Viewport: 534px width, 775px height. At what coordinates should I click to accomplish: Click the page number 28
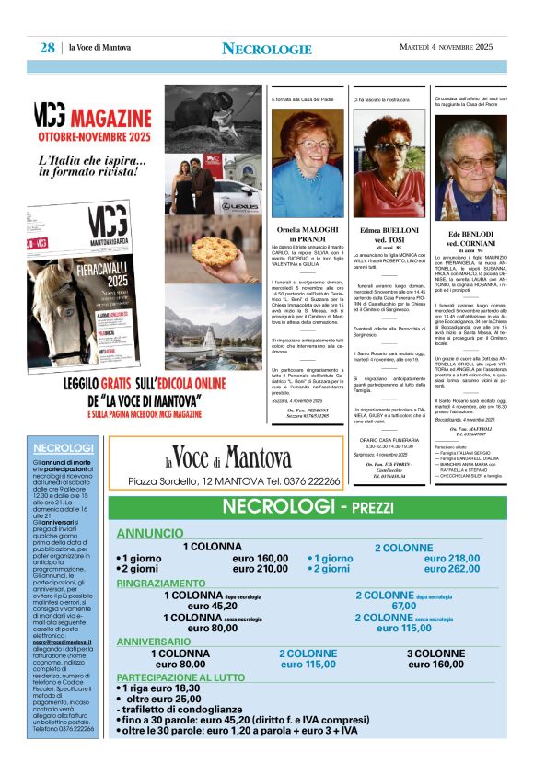pos(46,48)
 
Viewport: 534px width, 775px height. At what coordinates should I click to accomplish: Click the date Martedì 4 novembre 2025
pos(446,48)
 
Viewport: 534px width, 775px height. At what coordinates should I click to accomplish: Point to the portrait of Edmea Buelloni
pos(389,164)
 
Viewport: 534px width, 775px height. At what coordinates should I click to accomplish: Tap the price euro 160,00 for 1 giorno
pos(260,558)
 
